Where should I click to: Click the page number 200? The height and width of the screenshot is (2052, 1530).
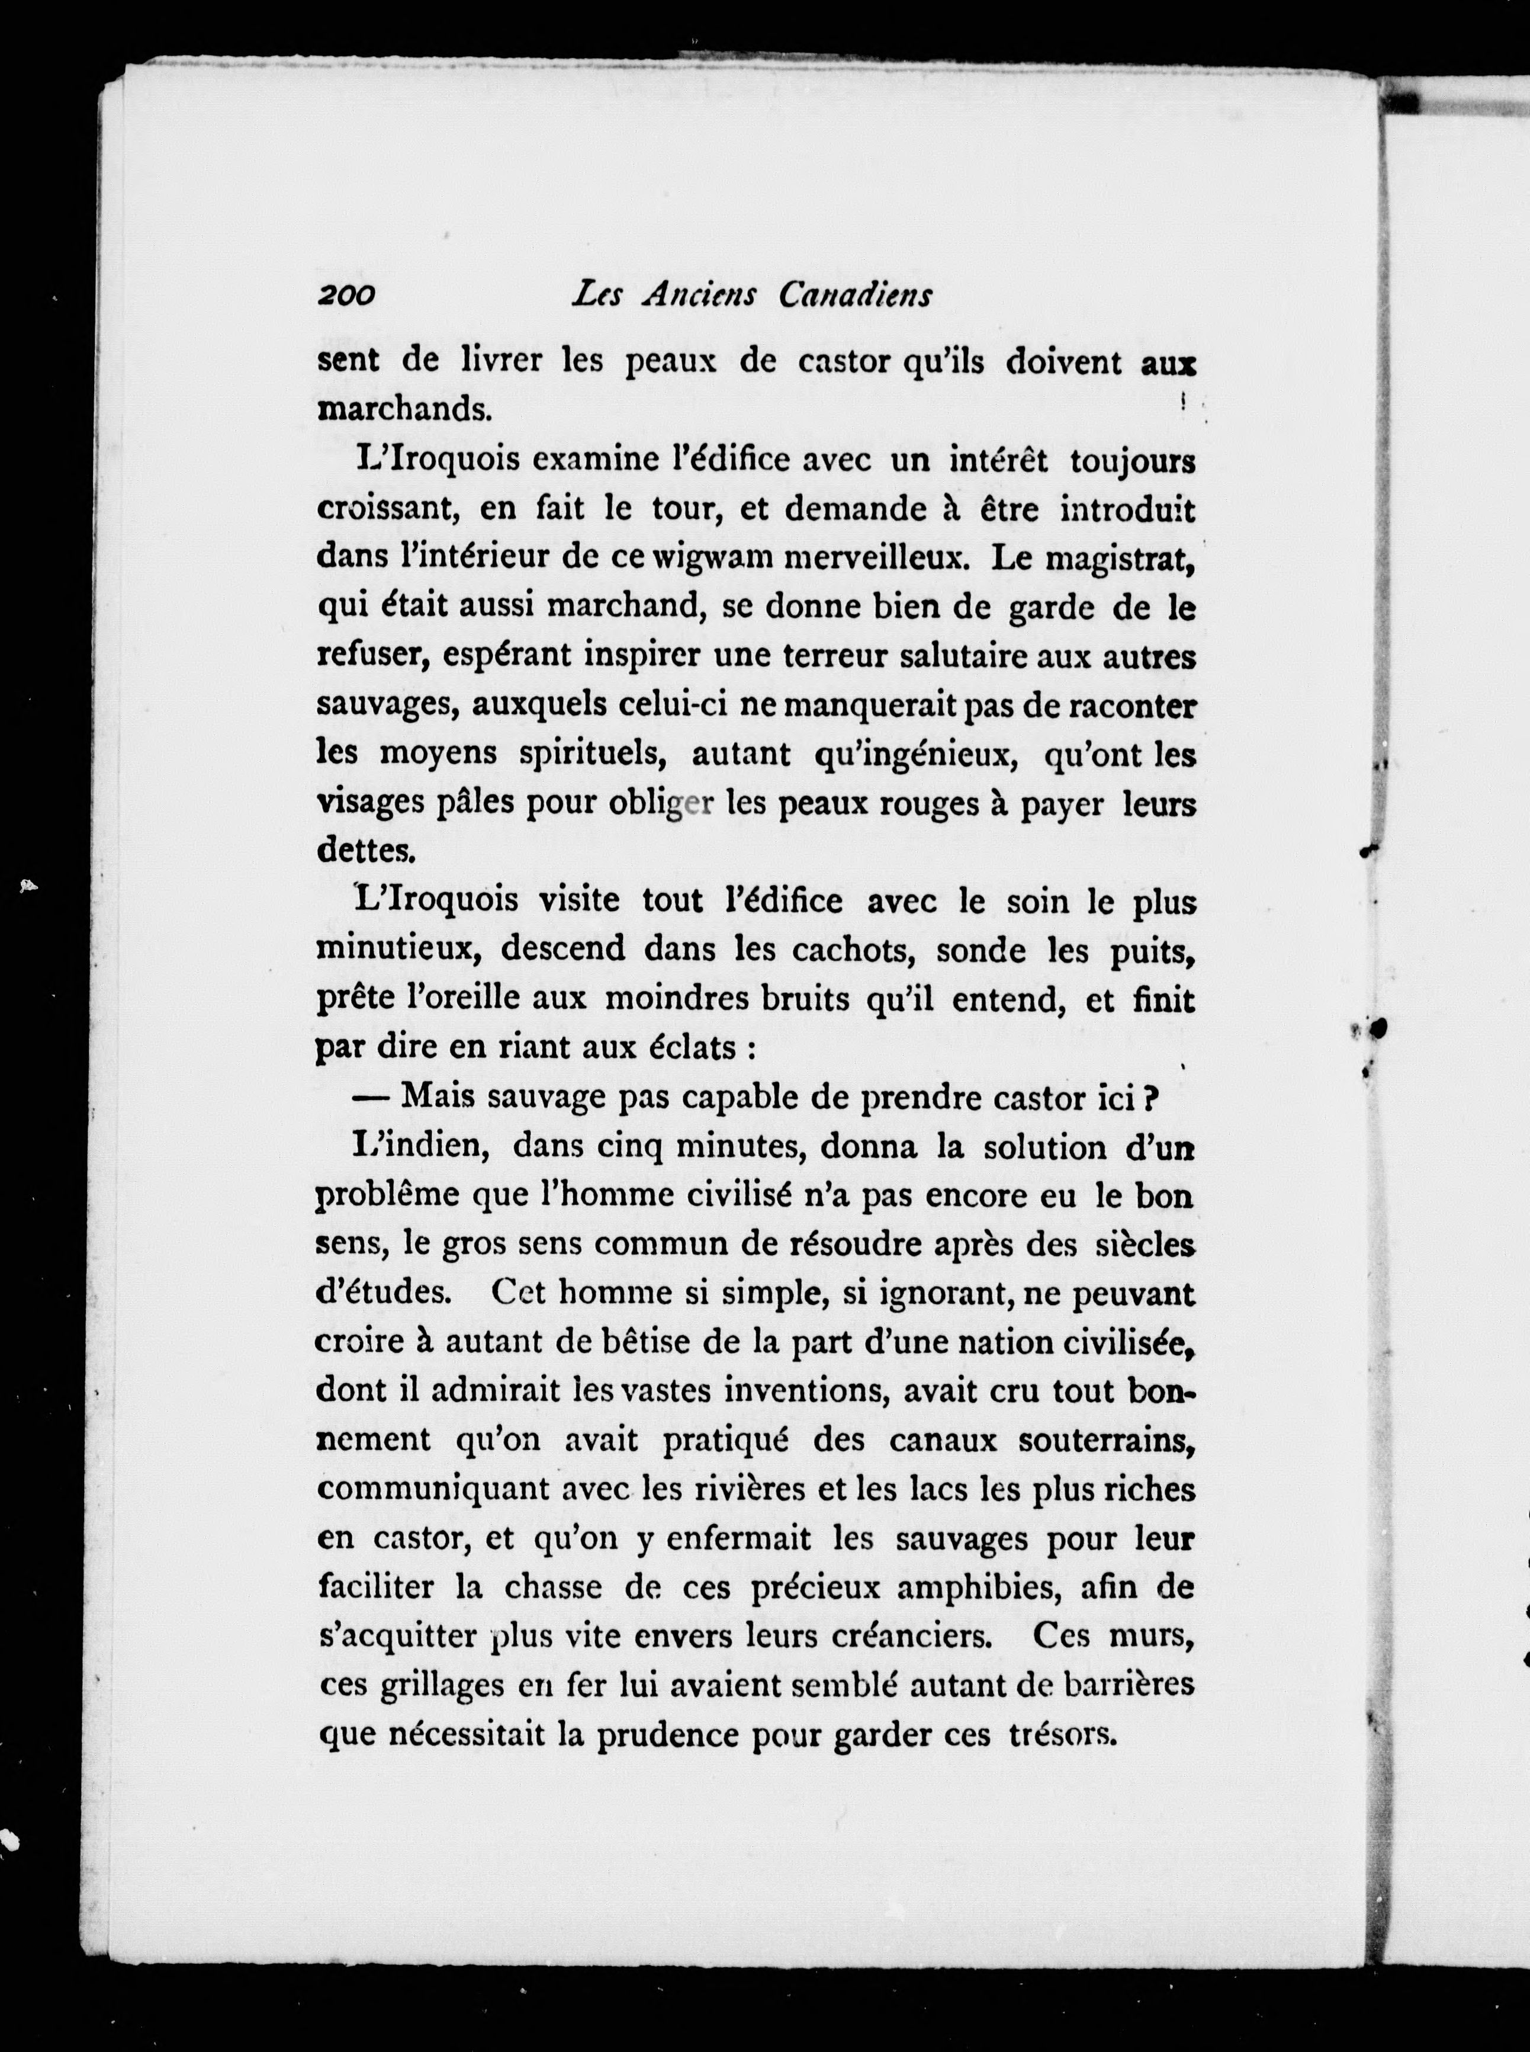pyautogui.click(x=345, y=296)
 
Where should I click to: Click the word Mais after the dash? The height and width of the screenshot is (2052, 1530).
pyautogui.click(x=438, y=1097)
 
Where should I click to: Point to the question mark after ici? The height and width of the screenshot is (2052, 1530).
pyautogui.click(x=1151, y=1097)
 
